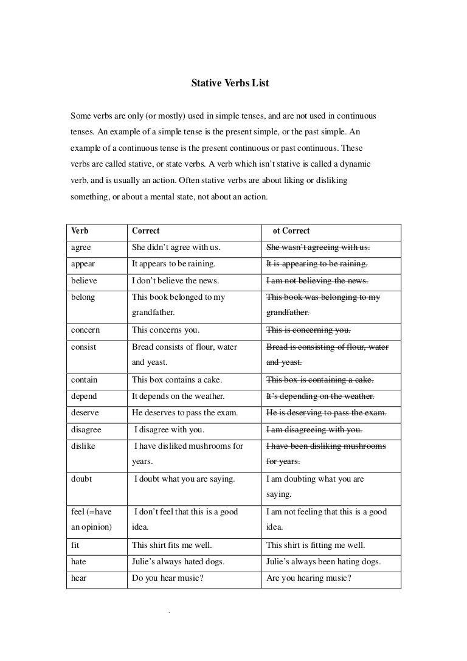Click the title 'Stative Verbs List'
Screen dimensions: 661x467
[230, 83]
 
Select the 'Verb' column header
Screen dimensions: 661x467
[80, 231]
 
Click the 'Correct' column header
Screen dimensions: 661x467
[146, 231]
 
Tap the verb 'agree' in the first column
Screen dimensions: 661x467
[81, 247]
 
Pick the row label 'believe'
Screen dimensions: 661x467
[84, 281]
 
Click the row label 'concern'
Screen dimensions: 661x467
[85, 330]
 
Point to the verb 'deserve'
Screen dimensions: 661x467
[85, 413]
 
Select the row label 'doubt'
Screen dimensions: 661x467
[81, 479]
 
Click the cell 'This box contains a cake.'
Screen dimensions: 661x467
[177, 380]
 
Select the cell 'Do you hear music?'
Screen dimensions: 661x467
[167, 578]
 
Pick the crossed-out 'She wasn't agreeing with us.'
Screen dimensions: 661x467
[318, 247]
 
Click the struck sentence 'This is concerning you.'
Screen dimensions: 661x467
[308, 330]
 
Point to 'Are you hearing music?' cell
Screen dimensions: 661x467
[309, 578]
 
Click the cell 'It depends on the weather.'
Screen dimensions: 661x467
[178, 396]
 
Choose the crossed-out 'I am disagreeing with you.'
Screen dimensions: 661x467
[314, 430]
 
